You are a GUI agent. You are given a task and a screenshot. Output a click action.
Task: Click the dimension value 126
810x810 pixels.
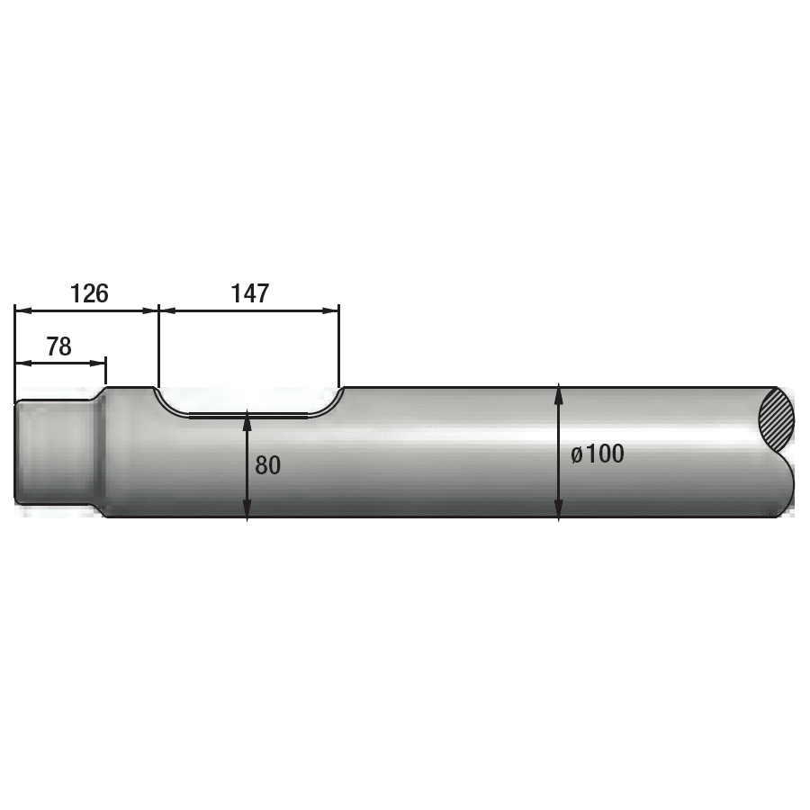(89, 293)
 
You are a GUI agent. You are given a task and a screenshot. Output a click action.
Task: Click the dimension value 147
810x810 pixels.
(250, 293)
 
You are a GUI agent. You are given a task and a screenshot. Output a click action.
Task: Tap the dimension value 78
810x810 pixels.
(58, 346)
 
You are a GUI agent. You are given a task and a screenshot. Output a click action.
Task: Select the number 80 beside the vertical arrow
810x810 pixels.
(267, 465)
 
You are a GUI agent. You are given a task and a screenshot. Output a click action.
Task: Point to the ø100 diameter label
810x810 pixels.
(598, 454)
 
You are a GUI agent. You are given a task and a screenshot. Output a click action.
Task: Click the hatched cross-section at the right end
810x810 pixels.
(777, 420)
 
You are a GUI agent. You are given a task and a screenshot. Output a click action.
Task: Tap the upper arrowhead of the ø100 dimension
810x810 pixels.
(559, 393)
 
